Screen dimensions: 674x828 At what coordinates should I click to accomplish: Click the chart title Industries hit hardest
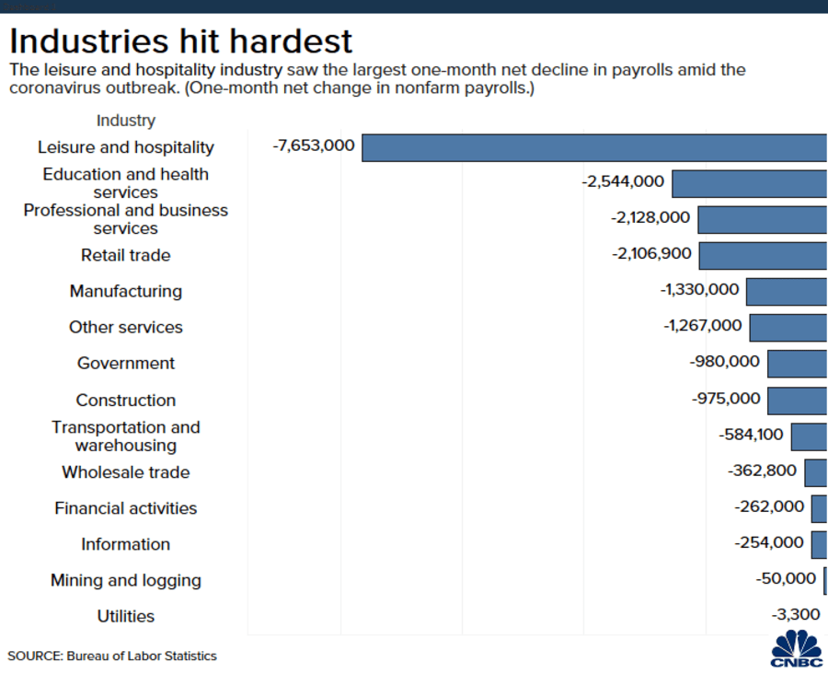point(181,41)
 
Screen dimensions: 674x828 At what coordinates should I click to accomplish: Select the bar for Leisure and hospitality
point(594,147)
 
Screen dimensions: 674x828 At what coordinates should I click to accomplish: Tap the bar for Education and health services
point(749,183)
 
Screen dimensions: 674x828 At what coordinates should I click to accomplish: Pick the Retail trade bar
point(763,255)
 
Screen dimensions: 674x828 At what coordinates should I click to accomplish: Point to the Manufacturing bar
point(787,291)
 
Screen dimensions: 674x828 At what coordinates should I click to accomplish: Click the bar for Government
point(797,363)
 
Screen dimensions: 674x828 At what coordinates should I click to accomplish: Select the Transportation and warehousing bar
point(809,436)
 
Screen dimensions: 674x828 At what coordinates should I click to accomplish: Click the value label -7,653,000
point(314,145)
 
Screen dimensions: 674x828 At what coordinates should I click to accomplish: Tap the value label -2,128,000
point(650,218)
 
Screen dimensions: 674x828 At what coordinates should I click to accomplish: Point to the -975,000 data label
point(726,399)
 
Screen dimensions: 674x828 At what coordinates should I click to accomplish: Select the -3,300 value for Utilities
point(795,614)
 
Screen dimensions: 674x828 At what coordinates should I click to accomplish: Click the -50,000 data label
point(786,578)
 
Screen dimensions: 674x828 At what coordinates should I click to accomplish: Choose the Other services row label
point(126,328)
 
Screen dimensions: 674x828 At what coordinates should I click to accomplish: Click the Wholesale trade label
point(126,472)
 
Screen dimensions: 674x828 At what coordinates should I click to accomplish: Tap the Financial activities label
point(126,508)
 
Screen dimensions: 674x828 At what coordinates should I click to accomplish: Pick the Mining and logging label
point(126,581)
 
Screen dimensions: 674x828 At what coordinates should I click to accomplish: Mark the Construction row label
point(126,401)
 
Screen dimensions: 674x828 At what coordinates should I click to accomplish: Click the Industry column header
point(126,121)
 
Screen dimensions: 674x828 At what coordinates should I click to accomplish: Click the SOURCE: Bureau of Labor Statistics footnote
point(112,657)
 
